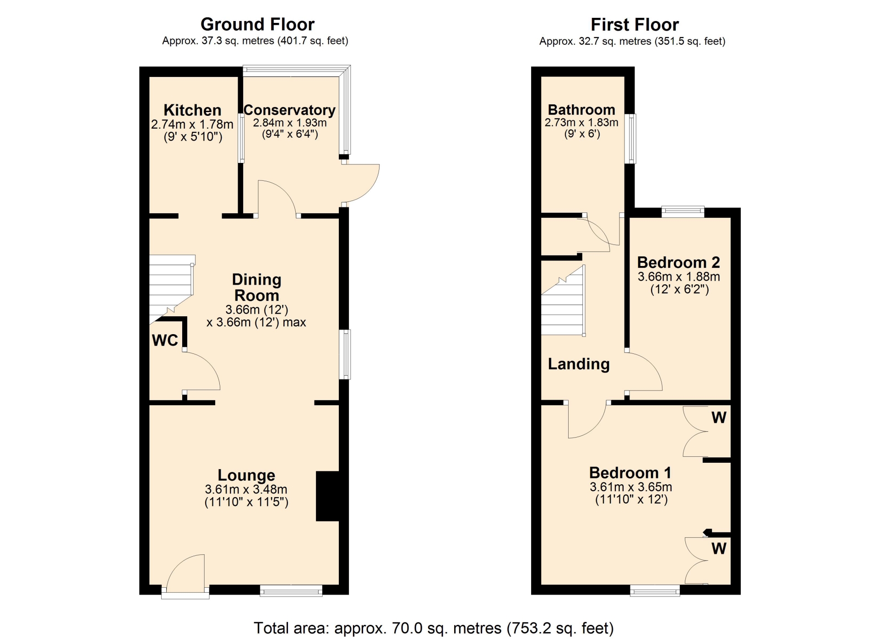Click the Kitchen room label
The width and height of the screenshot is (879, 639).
[x=192, y=110]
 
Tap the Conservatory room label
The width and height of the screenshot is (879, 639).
[x=289, y=110]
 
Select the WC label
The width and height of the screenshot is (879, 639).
[x=165, y=340]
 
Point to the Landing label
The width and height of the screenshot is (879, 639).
[x=579, y=364]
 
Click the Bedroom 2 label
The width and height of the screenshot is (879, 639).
[x=678, y=262]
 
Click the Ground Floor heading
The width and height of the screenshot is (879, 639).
[x=257, y=24]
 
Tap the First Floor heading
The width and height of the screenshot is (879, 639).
[x=635, y=25]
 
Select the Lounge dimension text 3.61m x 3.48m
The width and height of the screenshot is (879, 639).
[x=246, y=489]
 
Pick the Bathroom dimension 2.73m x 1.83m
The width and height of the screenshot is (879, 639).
[x=581, y=123]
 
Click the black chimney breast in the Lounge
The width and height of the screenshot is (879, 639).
[x=327, y=496]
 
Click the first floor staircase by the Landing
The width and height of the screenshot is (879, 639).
[x=563, y=301]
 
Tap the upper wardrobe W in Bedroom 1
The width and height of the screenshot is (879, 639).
[x=718, y=417]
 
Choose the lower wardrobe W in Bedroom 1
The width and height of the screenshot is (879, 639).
[x=719, y=548]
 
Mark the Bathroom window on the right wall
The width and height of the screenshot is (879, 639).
[x=630, y=139]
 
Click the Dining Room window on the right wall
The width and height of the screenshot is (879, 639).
[x=345, y=355]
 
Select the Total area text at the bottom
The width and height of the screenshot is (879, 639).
[x=434, y=628]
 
